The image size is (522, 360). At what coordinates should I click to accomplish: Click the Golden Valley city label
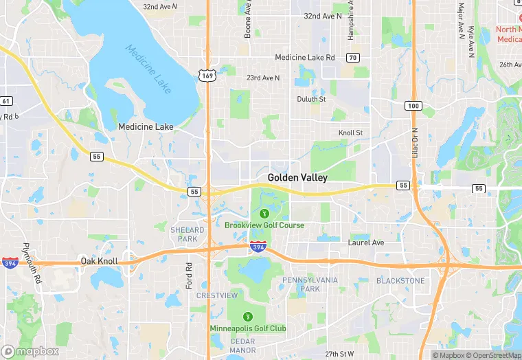[297, 177]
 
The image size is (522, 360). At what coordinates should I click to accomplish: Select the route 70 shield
[352, 57]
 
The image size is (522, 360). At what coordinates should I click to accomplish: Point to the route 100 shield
[413, 105]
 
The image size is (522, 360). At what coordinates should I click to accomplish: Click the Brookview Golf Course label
[264, 225]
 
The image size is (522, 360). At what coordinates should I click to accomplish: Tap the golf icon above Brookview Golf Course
[264, 213]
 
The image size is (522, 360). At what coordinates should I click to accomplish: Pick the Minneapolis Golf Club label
[248, 328]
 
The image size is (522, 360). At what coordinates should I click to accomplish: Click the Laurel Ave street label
[366, 243]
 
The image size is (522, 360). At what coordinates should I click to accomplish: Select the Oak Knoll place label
[99, 261]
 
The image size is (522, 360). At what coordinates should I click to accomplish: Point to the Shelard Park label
[187, 234]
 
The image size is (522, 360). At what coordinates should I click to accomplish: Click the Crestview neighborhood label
[217, 295]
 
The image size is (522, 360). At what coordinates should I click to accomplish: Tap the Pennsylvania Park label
[310, 284]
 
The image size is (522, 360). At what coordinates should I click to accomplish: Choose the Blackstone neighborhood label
[400, 280]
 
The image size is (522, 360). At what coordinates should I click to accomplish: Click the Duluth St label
[311, 99]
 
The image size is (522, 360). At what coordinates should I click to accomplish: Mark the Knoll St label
[350, 133]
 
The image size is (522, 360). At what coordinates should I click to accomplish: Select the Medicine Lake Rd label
[305, 58]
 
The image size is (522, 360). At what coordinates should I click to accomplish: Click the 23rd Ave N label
[263, 78]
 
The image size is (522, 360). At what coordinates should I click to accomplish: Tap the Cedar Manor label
[242, 346]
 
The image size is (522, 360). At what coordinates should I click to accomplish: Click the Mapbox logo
[30, 351]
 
